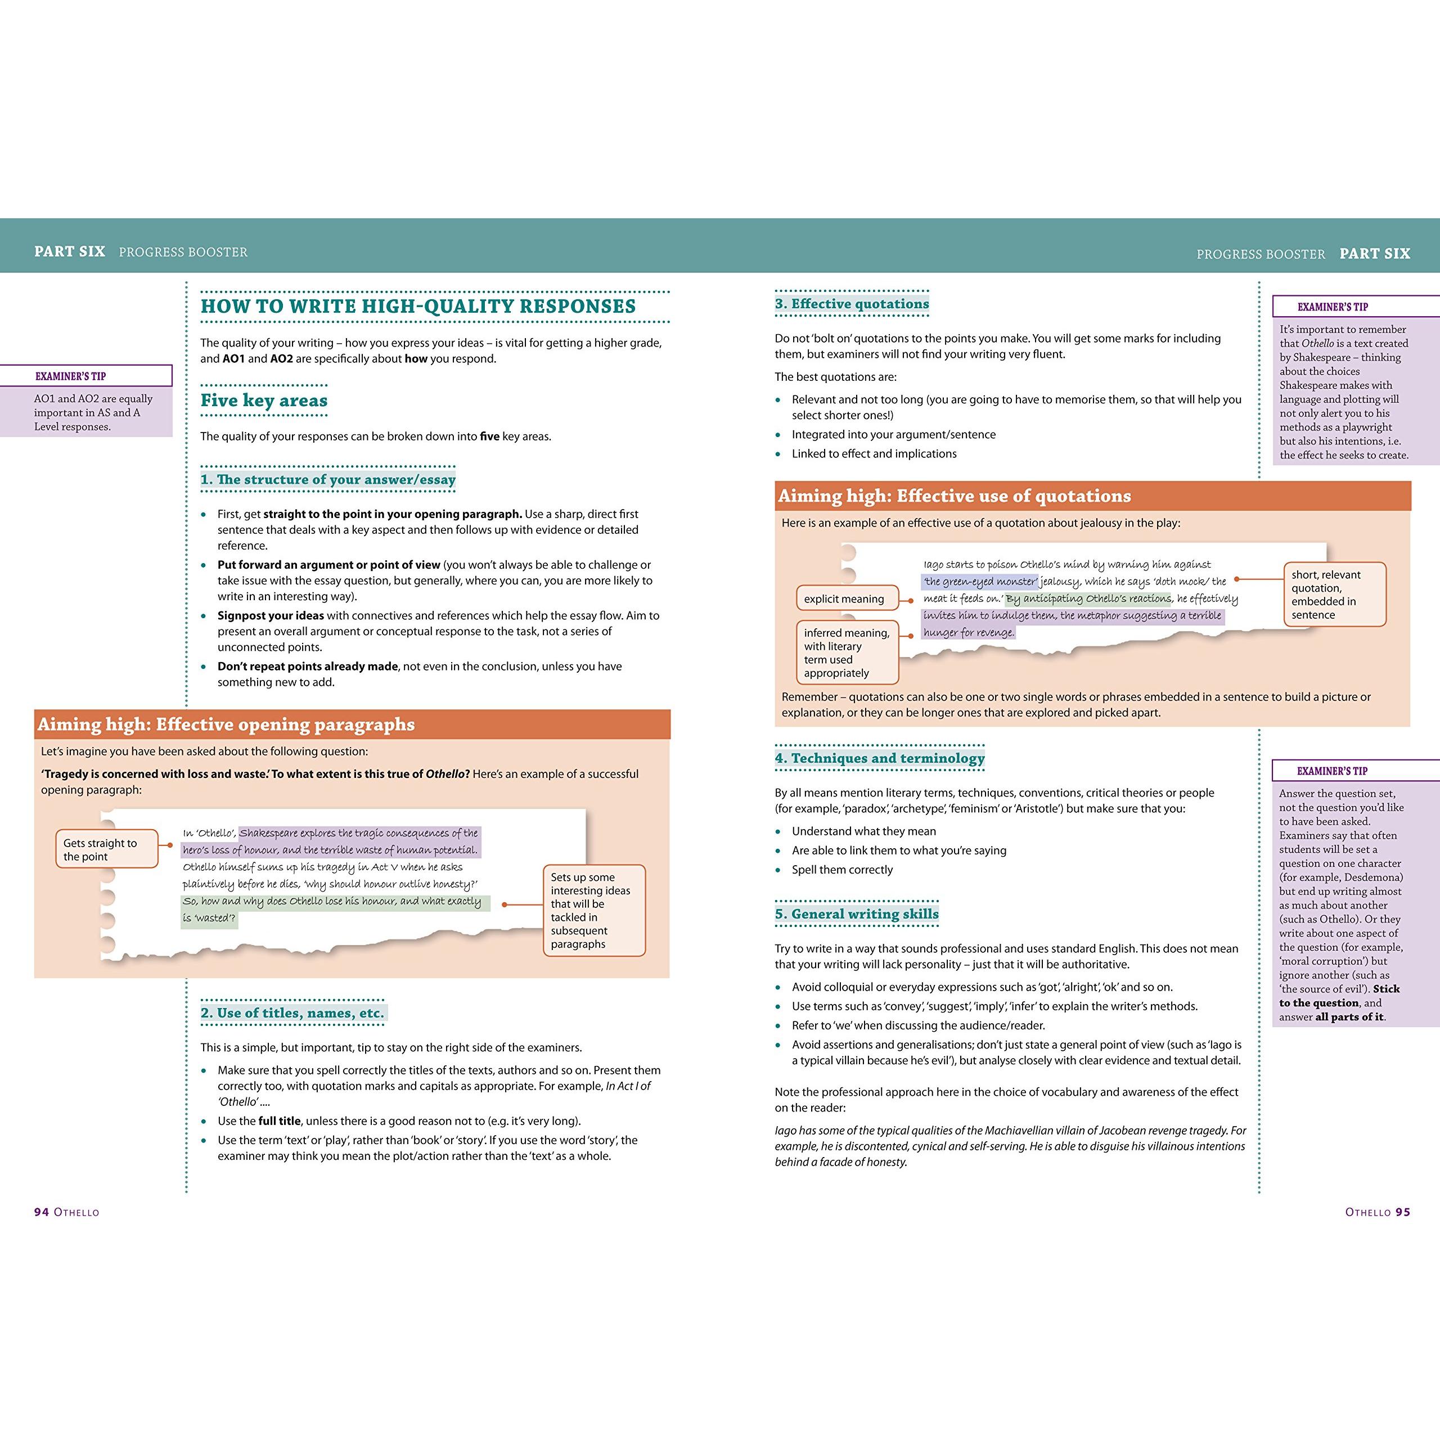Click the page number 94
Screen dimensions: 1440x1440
pos(42,1212)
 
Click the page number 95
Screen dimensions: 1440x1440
pos(1403,1212)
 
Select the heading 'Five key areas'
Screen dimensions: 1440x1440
pos(264,400)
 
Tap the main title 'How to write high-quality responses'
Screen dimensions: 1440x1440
pos(418,307)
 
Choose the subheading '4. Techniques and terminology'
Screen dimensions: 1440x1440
pos(880,758)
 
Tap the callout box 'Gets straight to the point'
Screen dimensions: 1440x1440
pos(106,849)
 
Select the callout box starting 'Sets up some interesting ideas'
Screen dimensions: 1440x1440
pos(593,910)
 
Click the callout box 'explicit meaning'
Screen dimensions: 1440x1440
pos(844,598)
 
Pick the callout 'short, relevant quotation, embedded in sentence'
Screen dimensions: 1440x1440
pos(1334,594)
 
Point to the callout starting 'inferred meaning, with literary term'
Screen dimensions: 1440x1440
pos(847,652)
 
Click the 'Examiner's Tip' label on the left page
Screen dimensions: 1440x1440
pos(71,376)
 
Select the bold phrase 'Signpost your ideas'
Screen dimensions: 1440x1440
pos(271,615)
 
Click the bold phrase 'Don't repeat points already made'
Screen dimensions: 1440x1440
pos(307,667)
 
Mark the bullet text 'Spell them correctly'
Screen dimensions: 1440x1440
pos(842,869)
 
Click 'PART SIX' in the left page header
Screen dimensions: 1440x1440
pos(69,252)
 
